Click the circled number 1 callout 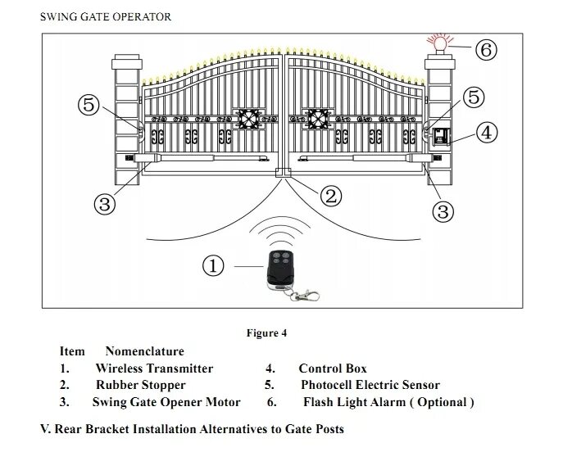(x=213, y=265)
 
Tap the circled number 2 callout (x=329, y=195)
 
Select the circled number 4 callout (x=487, y=133)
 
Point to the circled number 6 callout (x=486, y=50)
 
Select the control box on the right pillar (x=441, y=138)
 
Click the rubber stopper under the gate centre (x=284, y=173)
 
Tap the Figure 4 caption (x=266, y=333)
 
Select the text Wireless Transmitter (x=154, y=368)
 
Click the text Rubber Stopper (x=140, y=385)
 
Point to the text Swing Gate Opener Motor (x=166, y=402)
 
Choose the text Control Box (x=332, y=368)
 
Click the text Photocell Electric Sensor (x=370, y=385)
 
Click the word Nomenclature (x=144, y=351)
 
